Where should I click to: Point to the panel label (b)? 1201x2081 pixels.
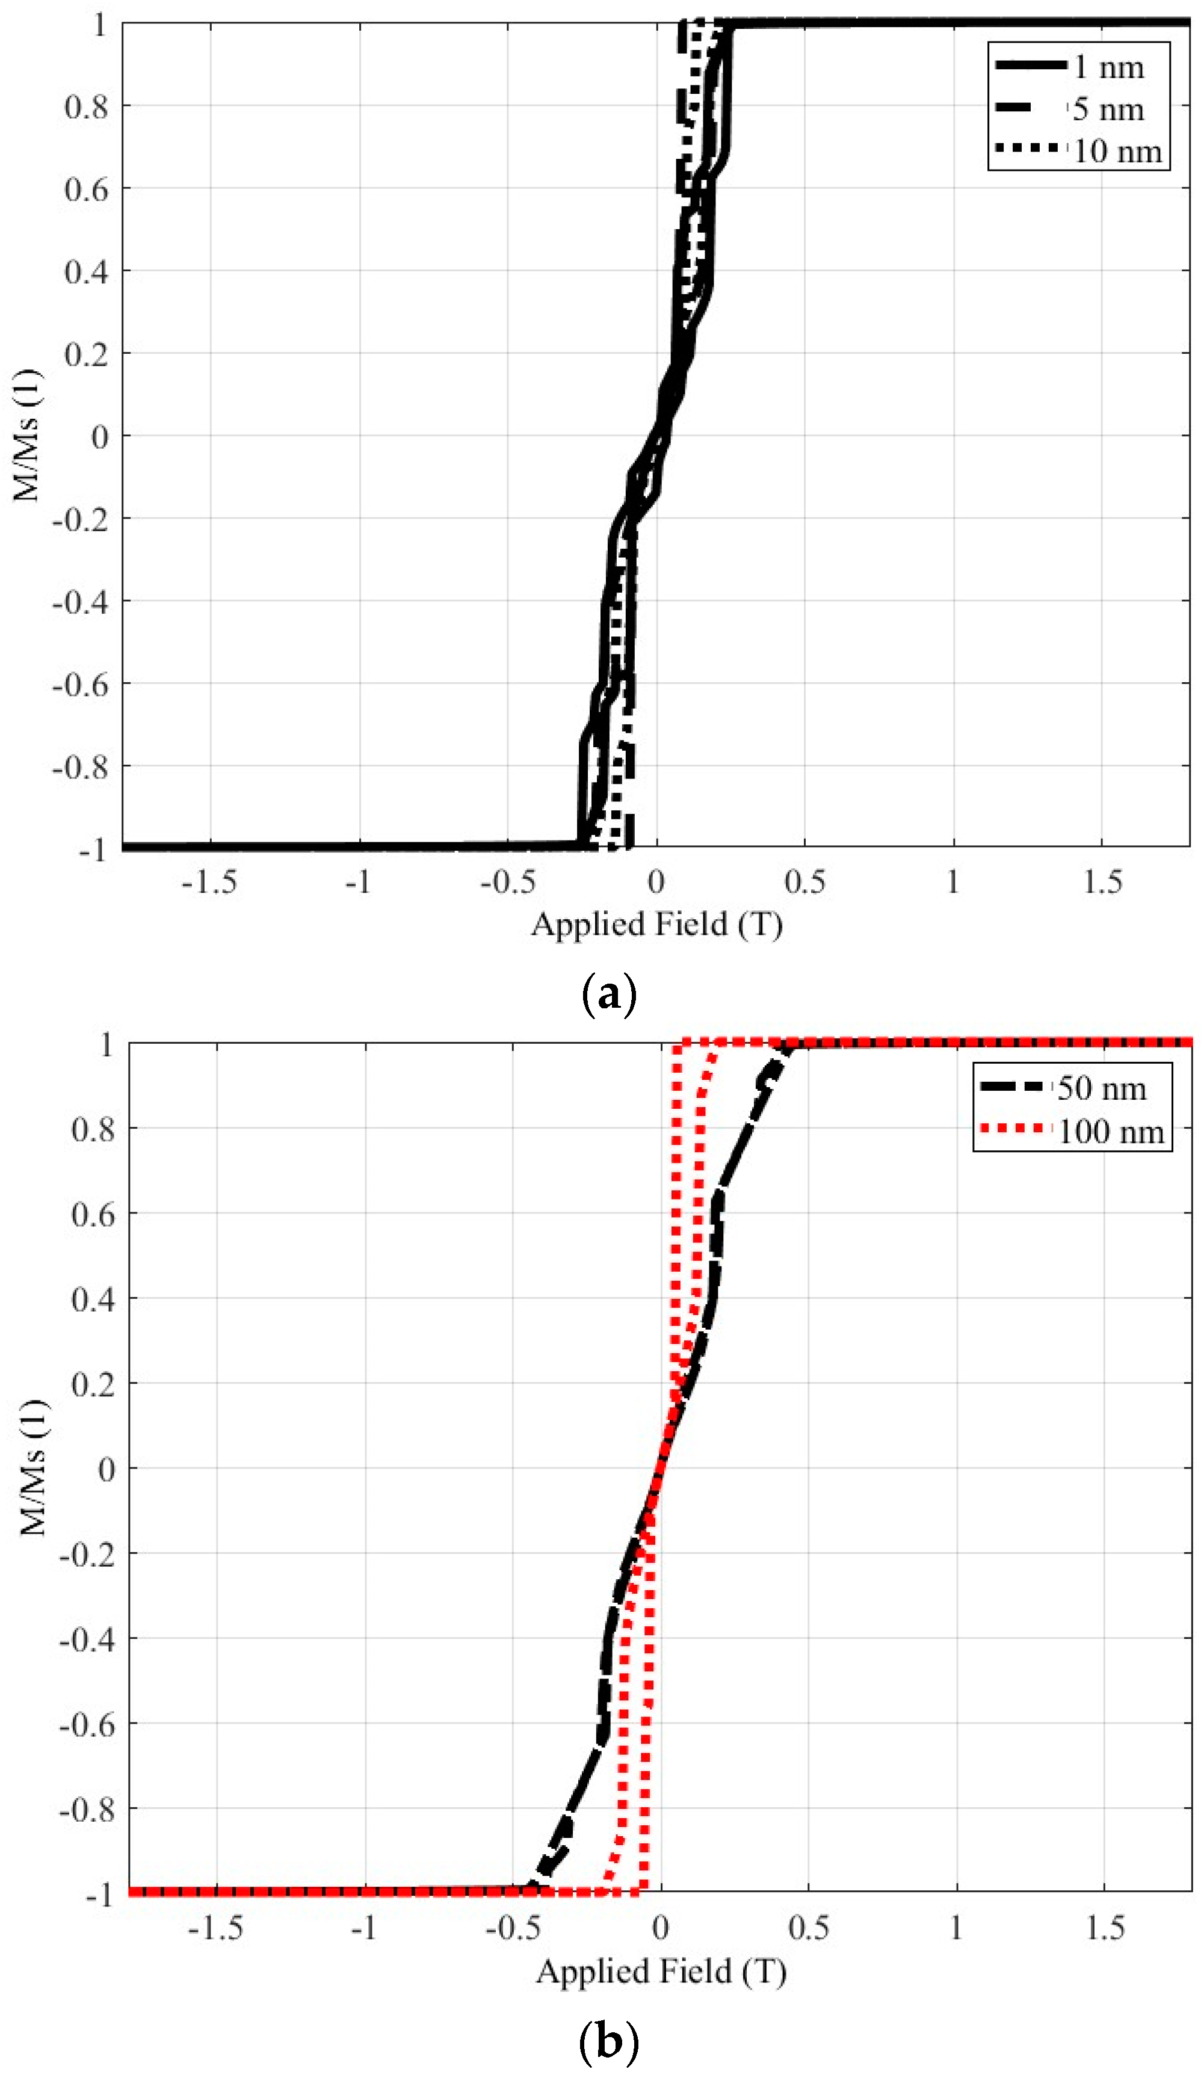(609, 2041)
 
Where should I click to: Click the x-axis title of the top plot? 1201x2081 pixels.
(656, 924)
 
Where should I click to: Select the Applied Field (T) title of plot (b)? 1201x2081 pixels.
(661, 1972)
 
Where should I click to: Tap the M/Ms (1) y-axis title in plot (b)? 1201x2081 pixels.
(33, 1467)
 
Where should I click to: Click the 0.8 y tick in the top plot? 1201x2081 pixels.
(86, 106)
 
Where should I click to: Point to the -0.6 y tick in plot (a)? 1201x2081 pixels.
(80, 683)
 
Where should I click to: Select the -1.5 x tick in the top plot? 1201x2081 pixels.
(209, 882)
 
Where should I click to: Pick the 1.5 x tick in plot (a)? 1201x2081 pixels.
(1102, 882)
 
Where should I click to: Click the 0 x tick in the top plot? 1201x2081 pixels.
(656, 882)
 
